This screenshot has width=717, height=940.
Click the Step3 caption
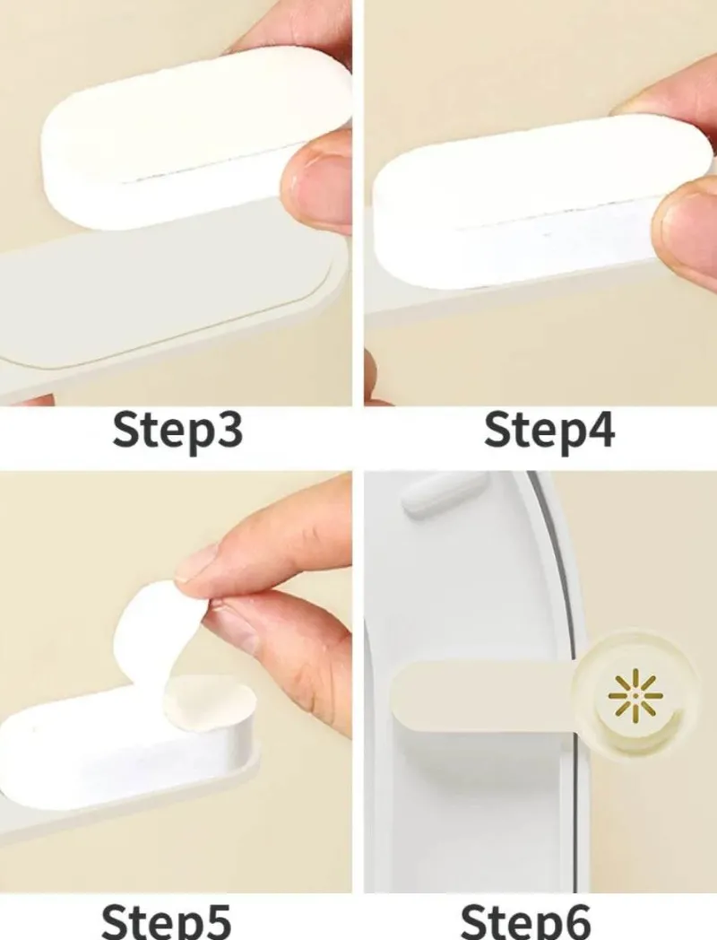pos(177,431)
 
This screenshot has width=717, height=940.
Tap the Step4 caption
pos(549,431)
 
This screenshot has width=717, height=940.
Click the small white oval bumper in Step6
pos(444,493)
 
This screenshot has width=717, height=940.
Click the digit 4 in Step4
pos(597,431)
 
